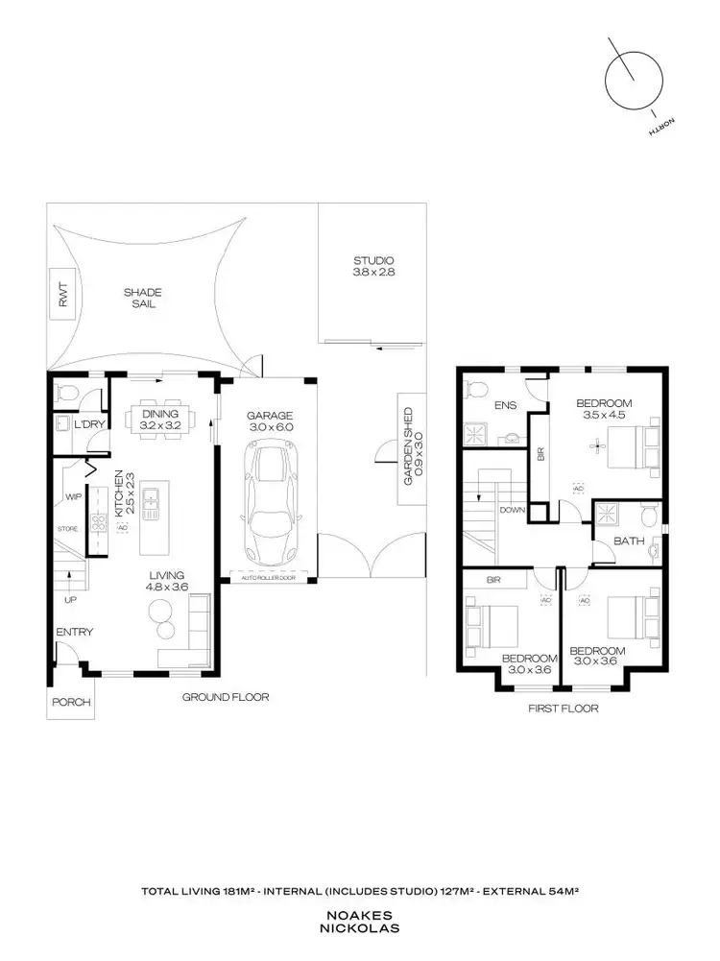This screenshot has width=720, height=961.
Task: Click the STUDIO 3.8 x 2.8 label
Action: (373, 267)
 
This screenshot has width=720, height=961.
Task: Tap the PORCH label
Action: (72, 702)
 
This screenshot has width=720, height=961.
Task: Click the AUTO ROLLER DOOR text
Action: (266, 578)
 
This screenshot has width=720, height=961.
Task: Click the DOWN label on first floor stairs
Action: (512, 510)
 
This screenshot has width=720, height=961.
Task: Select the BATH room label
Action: (629, 541)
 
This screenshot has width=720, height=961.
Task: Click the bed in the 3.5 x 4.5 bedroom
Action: (627, 444)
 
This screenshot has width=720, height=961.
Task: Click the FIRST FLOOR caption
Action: (564, 709)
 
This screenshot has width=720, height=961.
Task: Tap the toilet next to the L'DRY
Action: (65, 393)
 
